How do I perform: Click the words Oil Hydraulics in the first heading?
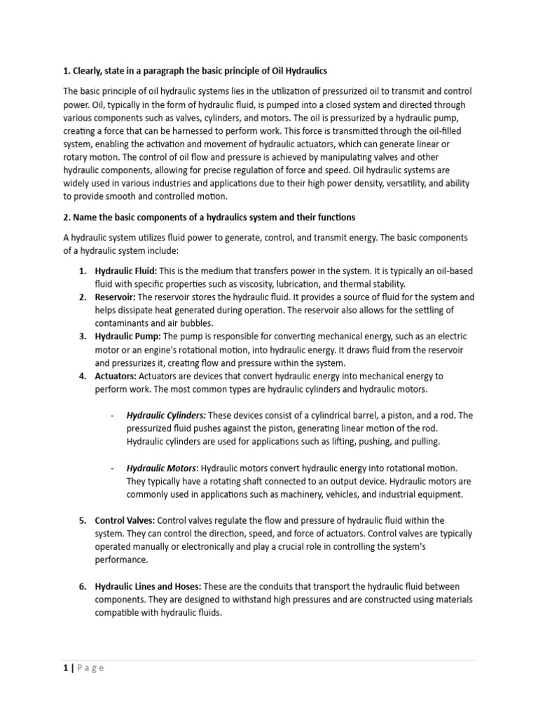pyautogui.click(x=297, y=72)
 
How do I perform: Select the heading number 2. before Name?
pyautogui.click(x=67, y=217)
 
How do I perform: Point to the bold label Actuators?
pyautogui.click(x=116, y=377)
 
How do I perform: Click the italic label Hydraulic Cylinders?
pyautogui.click(x=166, y=415)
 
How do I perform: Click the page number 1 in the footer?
pyautogui.click(x=66, y=668)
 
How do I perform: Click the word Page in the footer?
pyautogui.click(x=90, y=668)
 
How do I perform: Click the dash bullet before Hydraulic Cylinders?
pyautogui.click(x=113, y=415)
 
